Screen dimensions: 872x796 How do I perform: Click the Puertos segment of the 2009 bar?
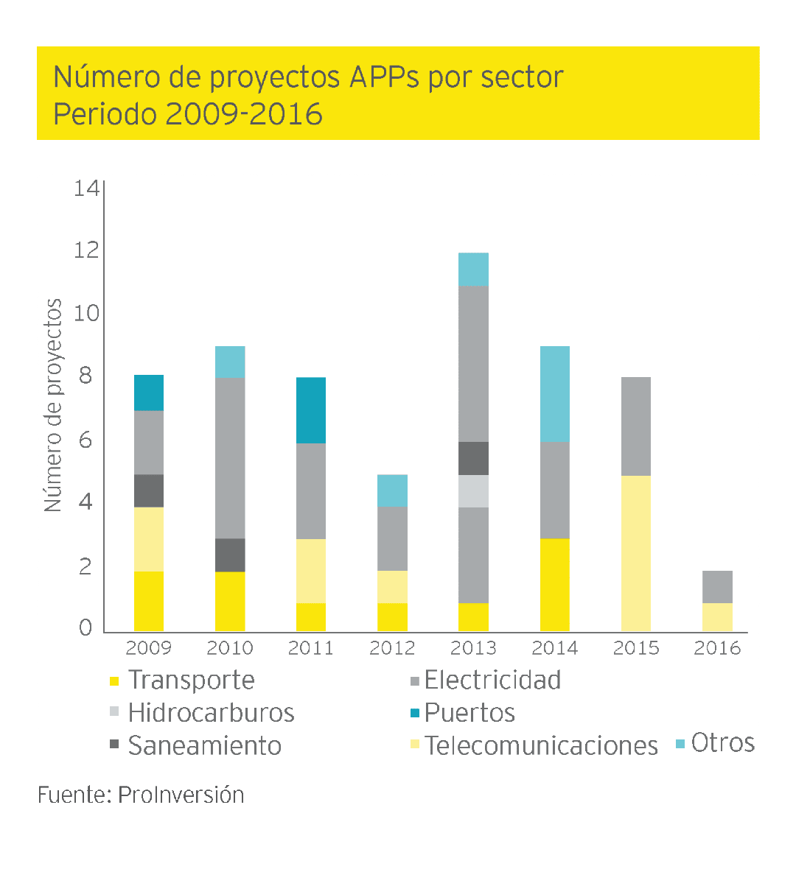[149, 393]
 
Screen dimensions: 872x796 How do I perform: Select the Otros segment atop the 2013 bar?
[473, 269]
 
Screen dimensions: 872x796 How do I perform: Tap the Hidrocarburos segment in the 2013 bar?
[473, 491]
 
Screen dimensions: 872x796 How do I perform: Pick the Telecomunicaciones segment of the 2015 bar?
[635, 553]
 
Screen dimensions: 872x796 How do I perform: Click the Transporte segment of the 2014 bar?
[554, 585]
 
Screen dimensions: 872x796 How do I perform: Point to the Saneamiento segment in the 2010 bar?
[230, 555]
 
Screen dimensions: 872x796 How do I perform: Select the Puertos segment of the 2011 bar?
[311, 410]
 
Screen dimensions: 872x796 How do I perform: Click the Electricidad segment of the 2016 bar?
[717, 587]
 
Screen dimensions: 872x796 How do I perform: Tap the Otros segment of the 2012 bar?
[392, 490]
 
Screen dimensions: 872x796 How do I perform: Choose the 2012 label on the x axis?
[392, 648]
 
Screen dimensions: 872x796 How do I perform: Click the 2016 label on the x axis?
[717, 648]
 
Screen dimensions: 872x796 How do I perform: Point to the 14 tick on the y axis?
[86, 189]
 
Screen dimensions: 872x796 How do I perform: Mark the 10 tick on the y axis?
[86, 314]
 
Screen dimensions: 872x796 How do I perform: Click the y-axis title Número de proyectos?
[53, 405]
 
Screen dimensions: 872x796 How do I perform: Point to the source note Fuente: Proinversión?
[141, 795]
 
